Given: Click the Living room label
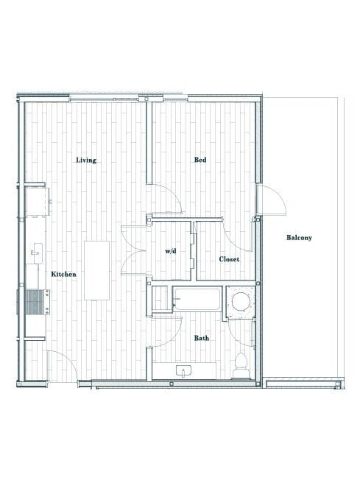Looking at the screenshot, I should tap(86, 160).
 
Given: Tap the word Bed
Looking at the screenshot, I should tap(199, 160).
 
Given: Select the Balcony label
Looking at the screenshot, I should tap(299, 237).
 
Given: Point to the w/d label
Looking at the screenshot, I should tap(171, 251).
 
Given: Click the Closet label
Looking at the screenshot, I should tap(229, 259).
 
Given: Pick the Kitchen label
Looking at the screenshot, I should tap(63, 274).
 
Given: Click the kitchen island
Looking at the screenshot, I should tap(96, 269).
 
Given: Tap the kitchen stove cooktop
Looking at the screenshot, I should tap(37, 302).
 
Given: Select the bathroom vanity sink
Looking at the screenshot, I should tap(183, 370).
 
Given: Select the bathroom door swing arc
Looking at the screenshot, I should tap(169, 331).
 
